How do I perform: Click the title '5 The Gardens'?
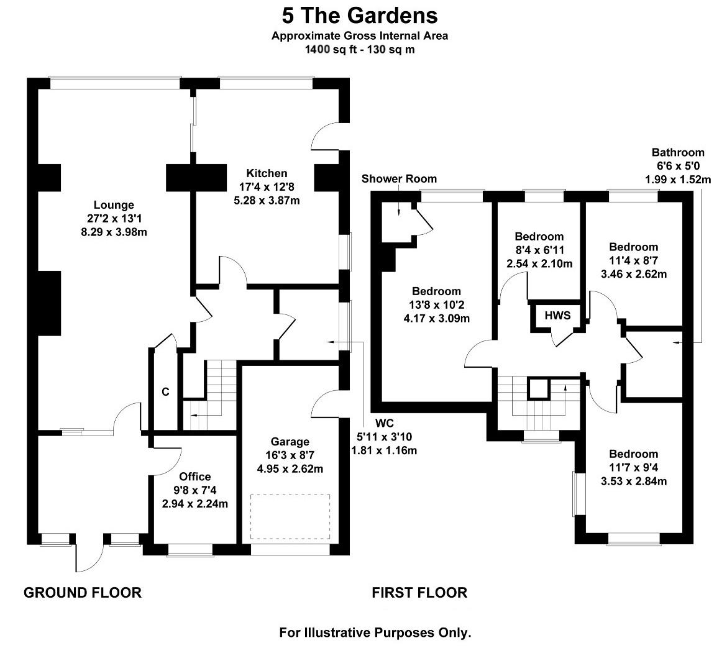(359, 14)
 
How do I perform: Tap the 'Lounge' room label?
(114, 205)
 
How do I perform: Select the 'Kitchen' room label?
(267, 173)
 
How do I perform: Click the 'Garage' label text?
(290, 442)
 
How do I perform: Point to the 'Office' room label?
(194, 477)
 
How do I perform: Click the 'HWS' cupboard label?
(557, 316)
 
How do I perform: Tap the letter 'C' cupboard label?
(165, 392)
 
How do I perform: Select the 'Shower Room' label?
(399, 179)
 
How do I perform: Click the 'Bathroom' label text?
(677, 152)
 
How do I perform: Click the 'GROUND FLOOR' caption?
(83, 593)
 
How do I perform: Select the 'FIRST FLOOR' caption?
(419, 593)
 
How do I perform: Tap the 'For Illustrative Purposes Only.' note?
(375, 633)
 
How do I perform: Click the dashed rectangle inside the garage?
(290, 517)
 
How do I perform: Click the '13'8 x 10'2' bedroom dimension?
(436, 305)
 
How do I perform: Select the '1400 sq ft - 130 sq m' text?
(359, 50)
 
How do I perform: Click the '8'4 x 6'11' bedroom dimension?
(539, 250)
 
